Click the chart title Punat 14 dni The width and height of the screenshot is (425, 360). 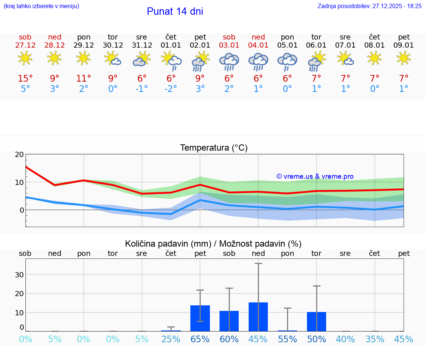click(175, 11)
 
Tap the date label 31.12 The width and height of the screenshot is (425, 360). click(142, 45)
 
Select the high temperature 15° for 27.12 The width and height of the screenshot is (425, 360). click(25, 78)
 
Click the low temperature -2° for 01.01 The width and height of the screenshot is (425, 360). click(171, 89)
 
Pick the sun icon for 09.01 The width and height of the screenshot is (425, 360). click(404, 58)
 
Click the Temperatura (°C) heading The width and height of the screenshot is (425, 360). click(214, 148)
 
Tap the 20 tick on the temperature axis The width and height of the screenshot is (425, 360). click(19, 154)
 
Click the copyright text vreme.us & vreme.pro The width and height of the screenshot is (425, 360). click(315, 176)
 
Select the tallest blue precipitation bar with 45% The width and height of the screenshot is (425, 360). click(258, 317)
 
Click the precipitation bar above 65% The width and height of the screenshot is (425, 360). click(200, 318)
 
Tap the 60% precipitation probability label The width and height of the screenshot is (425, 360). click(229, 339)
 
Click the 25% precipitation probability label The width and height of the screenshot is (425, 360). click(171, 339)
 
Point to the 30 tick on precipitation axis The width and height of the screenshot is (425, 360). click(19, 274)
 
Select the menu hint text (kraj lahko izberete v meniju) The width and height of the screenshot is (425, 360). click(41, 6)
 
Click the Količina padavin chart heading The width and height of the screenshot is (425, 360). click(213, 244)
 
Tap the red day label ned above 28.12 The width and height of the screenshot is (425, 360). click(55, 37)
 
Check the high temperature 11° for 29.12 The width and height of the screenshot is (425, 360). click(83, 78)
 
